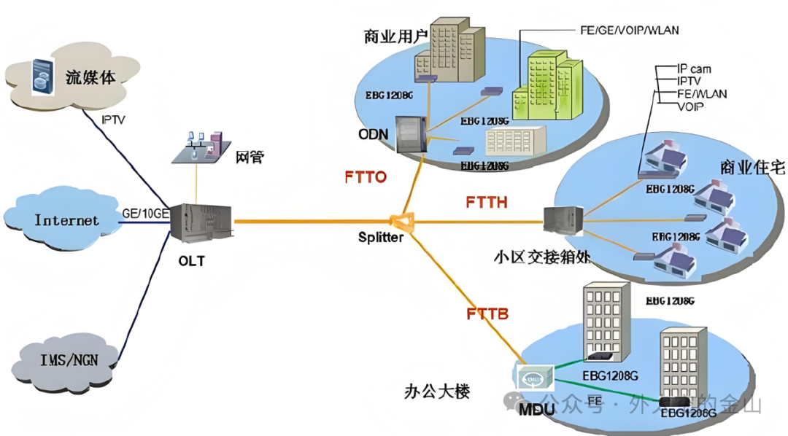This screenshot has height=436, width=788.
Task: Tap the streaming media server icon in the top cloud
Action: coord(43,77)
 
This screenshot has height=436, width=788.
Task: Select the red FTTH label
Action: coord(486,202)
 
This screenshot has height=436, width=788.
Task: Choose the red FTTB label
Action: coord(487,314)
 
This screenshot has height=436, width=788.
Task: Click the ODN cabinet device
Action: coord(411,133)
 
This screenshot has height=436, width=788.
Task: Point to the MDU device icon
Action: coord(535,378)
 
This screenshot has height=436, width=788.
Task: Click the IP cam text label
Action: coord(694,69)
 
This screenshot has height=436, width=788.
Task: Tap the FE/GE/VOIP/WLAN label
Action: coord(629,31)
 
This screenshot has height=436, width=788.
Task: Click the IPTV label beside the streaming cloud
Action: coord(113,120)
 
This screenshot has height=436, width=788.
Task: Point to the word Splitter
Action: coord(381,238)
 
